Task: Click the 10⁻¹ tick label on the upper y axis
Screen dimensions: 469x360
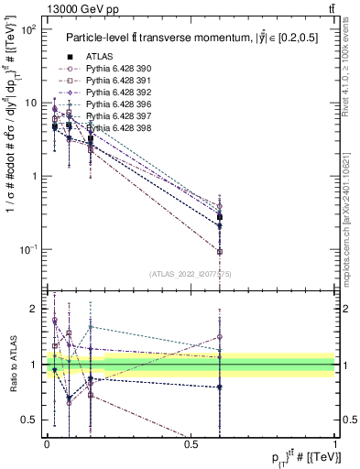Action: tap(27, 248)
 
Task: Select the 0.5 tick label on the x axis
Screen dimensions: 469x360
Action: tap(191, 443)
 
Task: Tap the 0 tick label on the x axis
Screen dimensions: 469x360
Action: tap(47, 443)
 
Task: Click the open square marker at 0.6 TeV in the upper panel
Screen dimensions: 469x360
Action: tap(220, 251)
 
